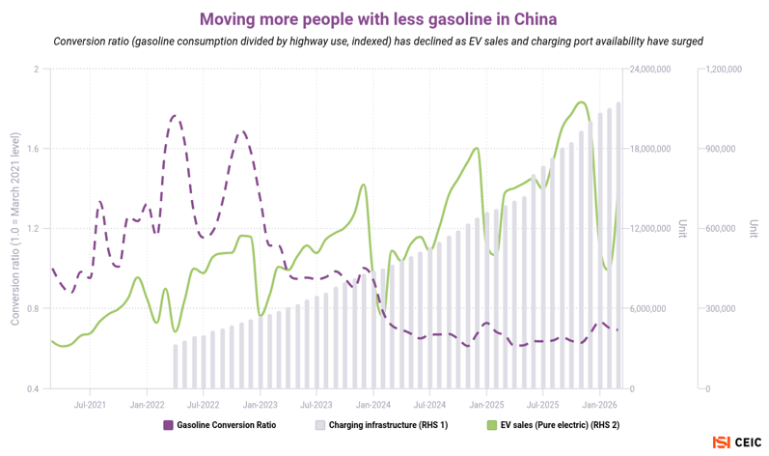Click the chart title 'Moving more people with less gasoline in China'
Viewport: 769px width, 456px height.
pyautogui.click(x=378, y=19)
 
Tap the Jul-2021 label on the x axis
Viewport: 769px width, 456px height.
pyautogui.click(x=90, y=405)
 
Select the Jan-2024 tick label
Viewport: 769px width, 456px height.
pyautogui.click(x=373, y=405)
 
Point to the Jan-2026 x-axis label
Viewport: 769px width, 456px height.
pyautogui.click(x=599, y=405)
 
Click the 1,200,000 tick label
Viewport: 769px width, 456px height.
pyautogui.click(x=724, y=70)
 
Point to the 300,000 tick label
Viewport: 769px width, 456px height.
pyautogui.click(x=721, y=309)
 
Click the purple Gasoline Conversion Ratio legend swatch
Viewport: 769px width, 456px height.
pyautogui.click(x=168, y=425)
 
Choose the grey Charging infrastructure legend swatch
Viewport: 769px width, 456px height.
pyautogui.click(x=320, y=425)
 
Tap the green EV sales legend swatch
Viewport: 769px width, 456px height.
pyautogui.click(x=492, y=425)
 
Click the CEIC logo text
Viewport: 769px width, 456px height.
pyautogui.click(x=748, y=442)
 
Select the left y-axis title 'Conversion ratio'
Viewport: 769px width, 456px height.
pyautogui.click(x=15, y=229)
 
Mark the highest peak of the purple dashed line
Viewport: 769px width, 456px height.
pyautogui.click(x=175, y=116)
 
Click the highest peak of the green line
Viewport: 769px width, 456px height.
pyautogui.click(x=581, y=102)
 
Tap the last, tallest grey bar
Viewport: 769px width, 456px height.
pyautogui.click(x=618, y=245)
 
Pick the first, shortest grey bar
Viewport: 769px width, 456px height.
pyautogui.click(x=176, y=367)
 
